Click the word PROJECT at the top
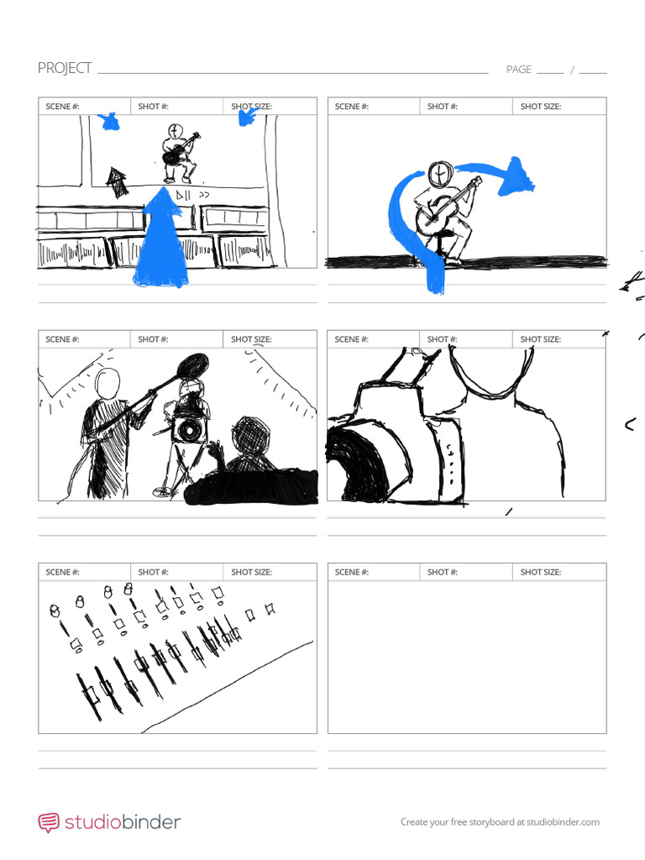pyautogui.click(x=65, y=68)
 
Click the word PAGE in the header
pyautogui.click(x=518, y=70)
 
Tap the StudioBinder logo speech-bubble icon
pyautogui.click(x=49, y=822)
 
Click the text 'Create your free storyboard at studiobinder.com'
pyautogui.click(x=500, y=822)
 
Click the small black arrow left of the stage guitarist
pyautogui.click(x=116, y=181)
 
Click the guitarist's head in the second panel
pyautogui.click(x=440, y=174)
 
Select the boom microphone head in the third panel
pyautogui.click(x=192, y=365)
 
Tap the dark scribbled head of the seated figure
pyautogui.click(x=249, y=435)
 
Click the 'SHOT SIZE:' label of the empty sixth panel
pyautogui.click(x=540, y=572)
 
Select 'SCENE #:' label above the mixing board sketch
pyautogui.click(x=62, y=572)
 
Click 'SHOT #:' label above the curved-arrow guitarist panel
pyautogui.click(x=442, y=107)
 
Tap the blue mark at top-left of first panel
pyautogui.click(x=108, y=123)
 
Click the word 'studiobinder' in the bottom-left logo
pyautogui.click(x=122, y=822)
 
